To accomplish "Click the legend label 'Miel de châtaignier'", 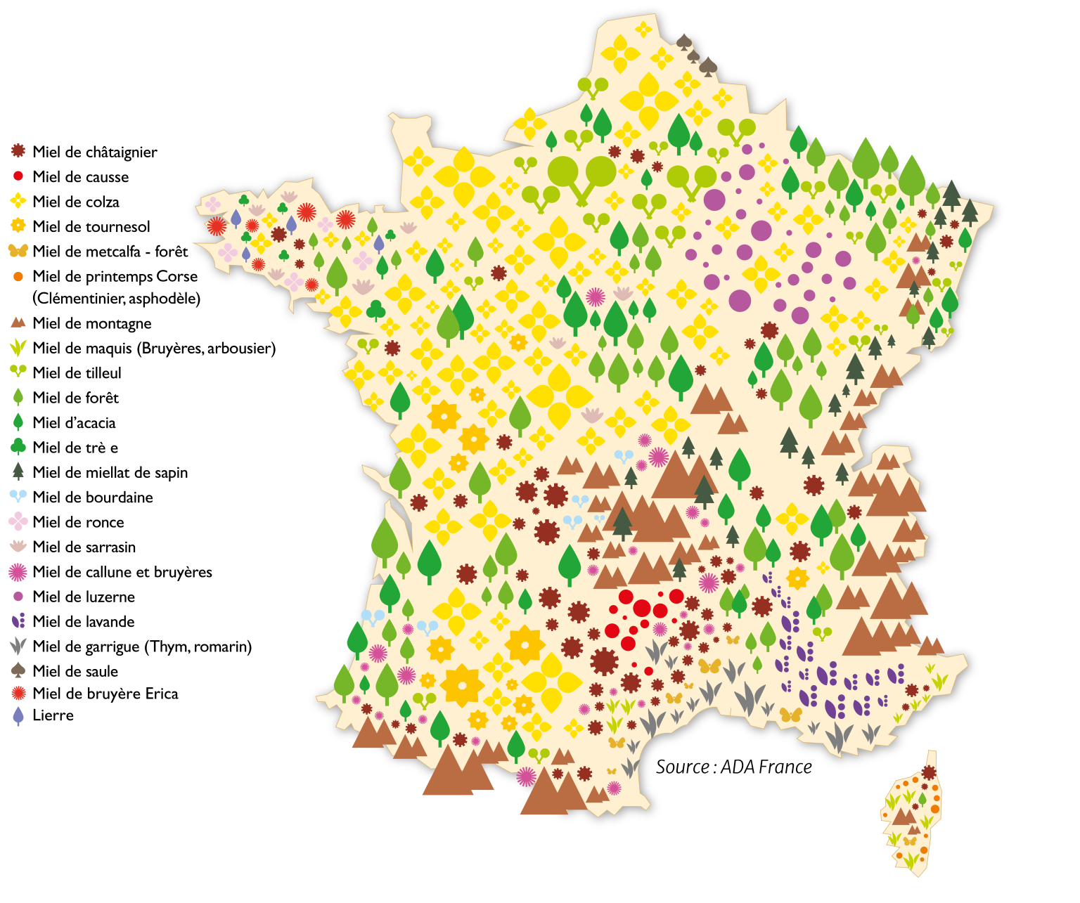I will [94, 152].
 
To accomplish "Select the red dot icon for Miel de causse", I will [18, 176].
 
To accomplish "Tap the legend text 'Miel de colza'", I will [76, 202].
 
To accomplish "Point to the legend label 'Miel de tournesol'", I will [91, 226].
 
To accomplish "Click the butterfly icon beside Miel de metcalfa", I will [18, 251].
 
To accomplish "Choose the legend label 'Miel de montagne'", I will [92, 323].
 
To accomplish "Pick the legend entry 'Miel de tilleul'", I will [77, 373].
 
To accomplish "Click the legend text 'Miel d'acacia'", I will [74, 423].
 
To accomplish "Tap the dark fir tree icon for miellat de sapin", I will [18, 471].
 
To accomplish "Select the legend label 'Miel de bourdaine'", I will [93, 498].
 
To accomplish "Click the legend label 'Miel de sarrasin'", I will [84, 547].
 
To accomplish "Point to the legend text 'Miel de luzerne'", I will [84, 597].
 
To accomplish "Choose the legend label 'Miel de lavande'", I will [84, 622].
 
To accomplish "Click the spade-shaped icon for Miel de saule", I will [18, 670].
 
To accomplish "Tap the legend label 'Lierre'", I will [53, 715].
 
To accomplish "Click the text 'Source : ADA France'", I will [733, 767].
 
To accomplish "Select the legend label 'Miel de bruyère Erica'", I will [105, 694].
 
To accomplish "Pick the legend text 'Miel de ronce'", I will [78, 522].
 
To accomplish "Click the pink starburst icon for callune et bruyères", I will [18, 572].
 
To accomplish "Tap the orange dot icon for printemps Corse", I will [18, 277].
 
